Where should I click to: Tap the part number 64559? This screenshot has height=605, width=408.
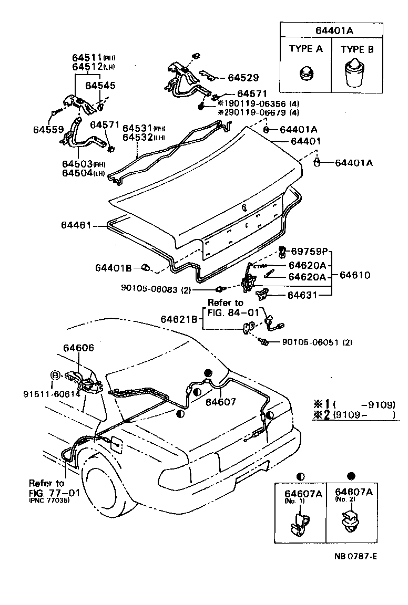click(x=48, y=129)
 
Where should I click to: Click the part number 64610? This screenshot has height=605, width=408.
click(x=355, y=275)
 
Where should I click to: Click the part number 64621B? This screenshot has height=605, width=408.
click(x=179, y=319)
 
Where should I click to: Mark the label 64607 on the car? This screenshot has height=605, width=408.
click(x=221, y=402)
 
